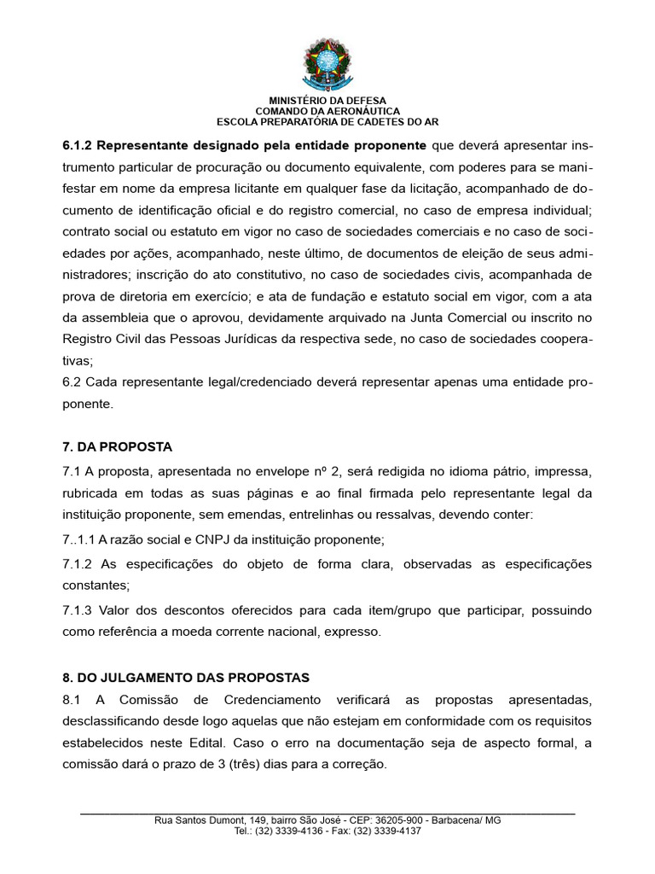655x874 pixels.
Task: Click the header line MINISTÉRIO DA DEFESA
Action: pos(327,101)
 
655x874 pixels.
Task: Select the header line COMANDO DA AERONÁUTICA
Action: pos(327,111)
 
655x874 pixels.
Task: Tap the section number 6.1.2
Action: pos(81,144)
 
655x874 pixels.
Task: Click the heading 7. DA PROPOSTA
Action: pos(117,446)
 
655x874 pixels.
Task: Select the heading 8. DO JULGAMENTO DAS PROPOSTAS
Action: pos(185,678)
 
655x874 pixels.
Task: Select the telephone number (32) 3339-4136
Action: pos(287,830)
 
